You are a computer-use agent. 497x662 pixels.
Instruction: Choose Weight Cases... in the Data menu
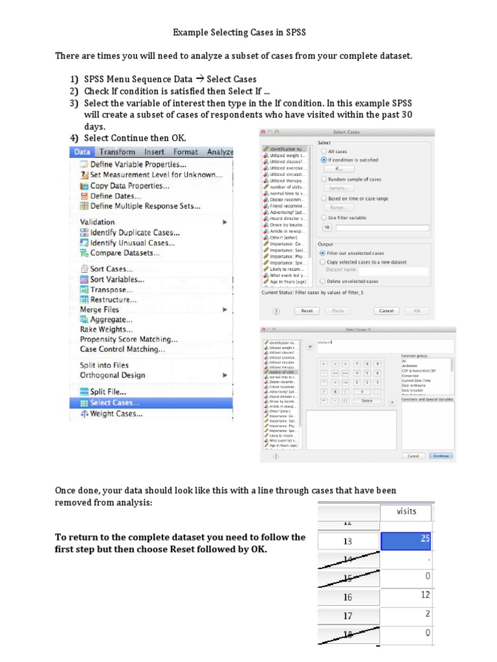click(116, 414)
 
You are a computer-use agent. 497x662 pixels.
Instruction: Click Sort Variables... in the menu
click(117, 279)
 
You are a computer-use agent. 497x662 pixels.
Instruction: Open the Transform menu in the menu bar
click(117, 152)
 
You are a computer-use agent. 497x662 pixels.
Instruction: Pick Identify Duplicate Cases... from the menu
click(135, 233)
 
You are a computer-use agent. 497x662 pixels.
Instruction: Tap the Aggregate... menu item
click(111, 319)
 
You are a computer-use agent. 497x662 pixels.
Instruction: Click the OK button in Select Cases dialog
click(417, 310)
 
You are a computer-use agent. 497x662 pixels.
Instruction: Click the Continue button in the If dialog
click(442, 455)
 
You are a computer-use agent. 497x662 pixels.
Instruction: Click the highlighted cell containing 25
click(407, 540)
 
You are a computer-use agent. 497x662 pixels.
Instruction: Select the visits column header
click(407, 511)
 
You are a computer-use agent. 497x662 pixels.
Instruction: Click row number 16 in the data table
click(348, 597)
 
